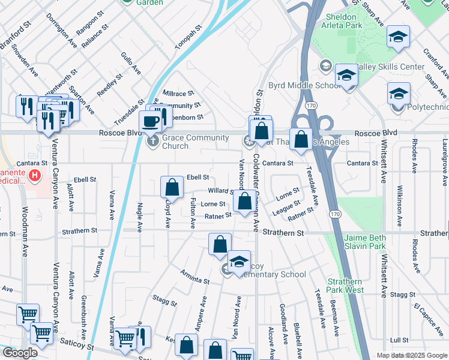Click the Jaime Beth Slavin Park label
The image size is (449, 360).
click(x=373, y=242)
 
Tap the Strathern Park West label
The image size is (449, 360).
click(x=345, y=286)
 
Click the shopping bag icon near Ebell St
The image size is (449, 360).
click(x=172, y=187)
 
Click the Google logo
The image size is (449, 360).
click(x=20, y=353)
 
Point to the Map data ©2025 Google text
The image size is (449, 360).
click(x=412, y=355)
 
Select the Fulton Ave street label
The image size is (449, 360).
click(x=193, y=214)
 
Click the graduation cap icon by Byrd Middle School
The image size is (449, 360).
click(x=346, y=76)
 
